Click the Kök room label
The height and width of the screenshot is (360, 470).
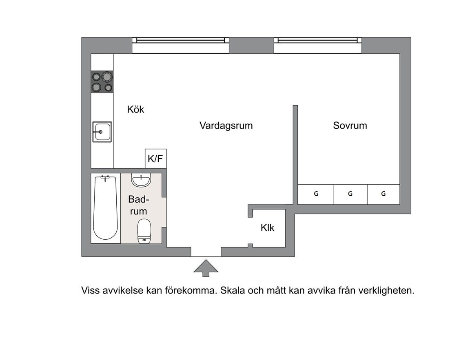tap(135, 109)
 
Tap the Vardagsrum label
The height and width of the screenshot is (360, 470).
tap(226, 126)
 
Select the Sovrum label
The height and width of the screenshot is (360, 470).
tap(350, 126)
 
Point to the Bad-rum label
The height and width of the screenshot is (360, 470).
tap(138, 205)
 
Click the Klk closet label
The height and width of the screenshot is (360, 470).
tap(267, 228)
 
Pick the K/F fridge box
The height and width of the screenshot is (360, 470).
tap(156, 159)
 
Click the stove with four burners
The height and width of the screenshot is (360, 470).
tap(102, 82)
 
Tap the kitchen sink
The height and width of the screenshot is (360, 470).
tap(102, 132)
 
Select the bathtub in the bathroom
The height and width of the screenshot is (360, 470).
tap(105, 208)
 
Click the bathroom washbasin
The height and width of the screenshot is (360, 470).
tap(141, 181)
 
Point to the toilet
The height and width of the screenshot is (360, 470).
tap(144, 231)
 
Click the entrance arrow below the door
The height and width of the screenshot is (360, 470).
tap(206, 268)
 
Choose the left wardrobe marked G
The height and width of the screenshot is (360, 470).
tap(316, 194)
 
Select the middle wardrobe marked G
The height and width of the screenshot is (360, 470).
tap(350, 194)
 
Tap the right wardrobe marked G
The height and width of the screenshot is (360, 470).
tap(384, 194)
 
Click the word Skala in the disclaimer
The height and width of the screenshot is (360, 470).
tap(233, 291)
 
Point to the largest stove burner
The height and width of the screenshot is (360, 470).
tap(107, 77)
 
